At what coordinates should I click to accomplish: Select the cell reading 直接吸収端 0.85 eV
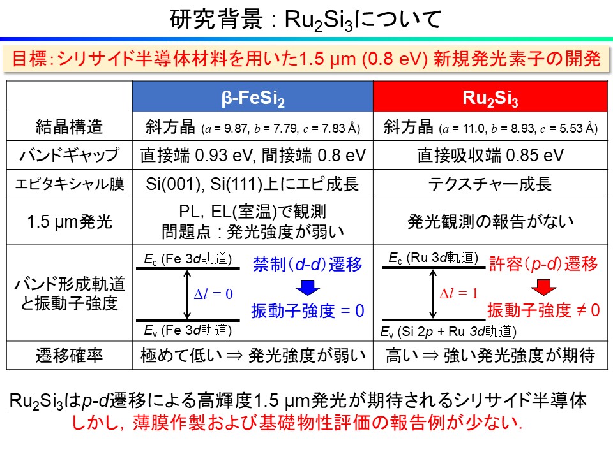[490, 156]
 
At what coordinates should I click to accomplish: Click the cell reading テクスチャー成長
[490, 184]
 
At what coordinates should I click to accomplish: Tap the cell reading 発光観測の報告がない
[490, 221]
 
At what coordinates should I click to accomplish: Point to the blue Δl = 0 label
[213, 294]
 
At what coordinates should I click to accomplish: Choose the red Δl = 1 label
[459, 294]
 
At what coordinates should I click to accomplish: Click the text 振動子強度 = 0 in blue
[308, 310]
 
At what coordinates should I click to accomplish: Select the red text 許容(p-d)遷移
[543, 264]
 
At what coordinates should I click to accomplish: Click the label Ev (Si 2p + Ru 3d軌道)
[448, 331]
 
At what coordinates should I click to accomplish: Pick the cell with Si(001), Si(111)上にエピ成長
[253, 184]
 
